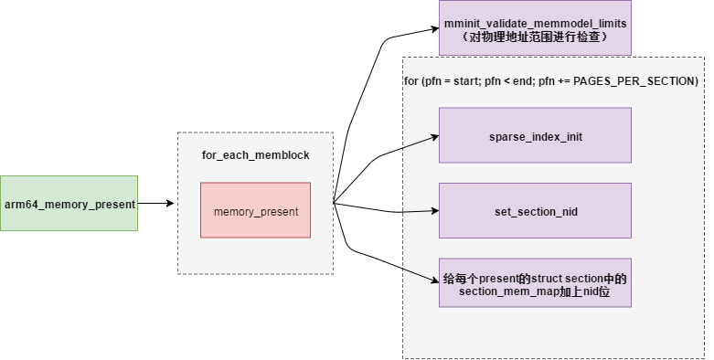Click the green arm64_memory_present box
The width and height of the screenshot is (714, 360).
69,203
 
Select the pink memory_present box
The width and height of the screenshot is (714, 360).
255,211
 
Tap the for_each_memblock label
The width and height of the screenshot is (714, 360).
255,155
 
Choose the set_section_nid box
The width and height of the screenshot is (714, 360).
535,211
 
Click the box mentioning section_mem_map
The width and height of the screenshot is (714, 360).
535,283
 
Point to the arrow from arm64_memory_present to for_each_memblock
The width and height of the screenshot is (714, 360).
155,203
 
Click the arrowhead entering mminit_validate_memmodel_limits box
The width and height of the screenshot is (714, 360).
434,29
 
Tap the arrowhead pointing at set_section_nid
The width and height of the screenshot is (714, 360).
434,211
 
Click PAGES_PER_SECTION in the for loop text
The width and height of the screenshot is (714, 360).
644,81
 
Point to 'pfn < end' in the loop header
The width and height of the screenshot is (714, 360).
512,81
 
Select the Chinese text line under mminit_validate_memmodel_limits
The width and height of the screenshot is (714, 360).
535,37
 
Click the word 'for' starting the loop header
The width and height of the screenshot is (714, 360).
411,81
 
